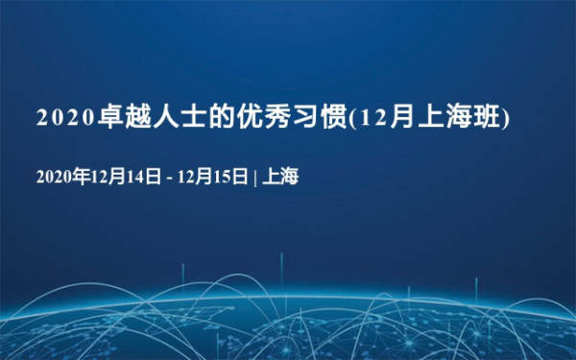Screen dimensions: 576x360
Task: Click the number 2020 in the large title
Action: [65, 117]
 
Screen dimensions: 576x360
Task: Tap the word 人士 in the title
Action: [180, 117]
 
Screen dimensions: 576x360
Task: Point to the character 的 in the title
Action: [223, 117]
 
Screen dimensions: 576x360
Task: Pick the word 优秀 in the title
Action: [265, 117]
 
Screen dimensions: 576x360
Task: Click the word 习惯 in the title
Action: [321, 117]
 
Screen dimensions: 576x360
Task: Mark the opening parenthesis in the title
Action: [351, 117]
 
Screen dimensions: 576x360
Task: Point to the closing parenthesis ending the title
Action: [506, 117]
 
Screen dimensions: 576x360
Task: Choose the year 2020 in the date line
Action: [54, 177]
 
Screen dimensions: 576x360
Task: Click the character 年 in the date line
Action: [81, 176]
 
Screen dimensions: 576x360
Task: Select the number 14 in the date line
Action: [134, 177]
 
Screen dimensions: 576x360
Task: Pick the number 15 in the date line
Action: [222, 177]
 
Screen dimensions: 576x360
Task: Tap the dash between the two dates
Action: [169, 179]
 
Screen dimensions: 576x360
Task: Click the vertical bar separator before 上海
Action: [255, 177]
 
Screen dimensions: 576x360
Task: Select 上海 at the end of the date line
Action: [280, 176]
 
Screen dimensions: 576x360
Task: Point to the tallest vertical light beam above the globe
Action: [281, 269]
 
